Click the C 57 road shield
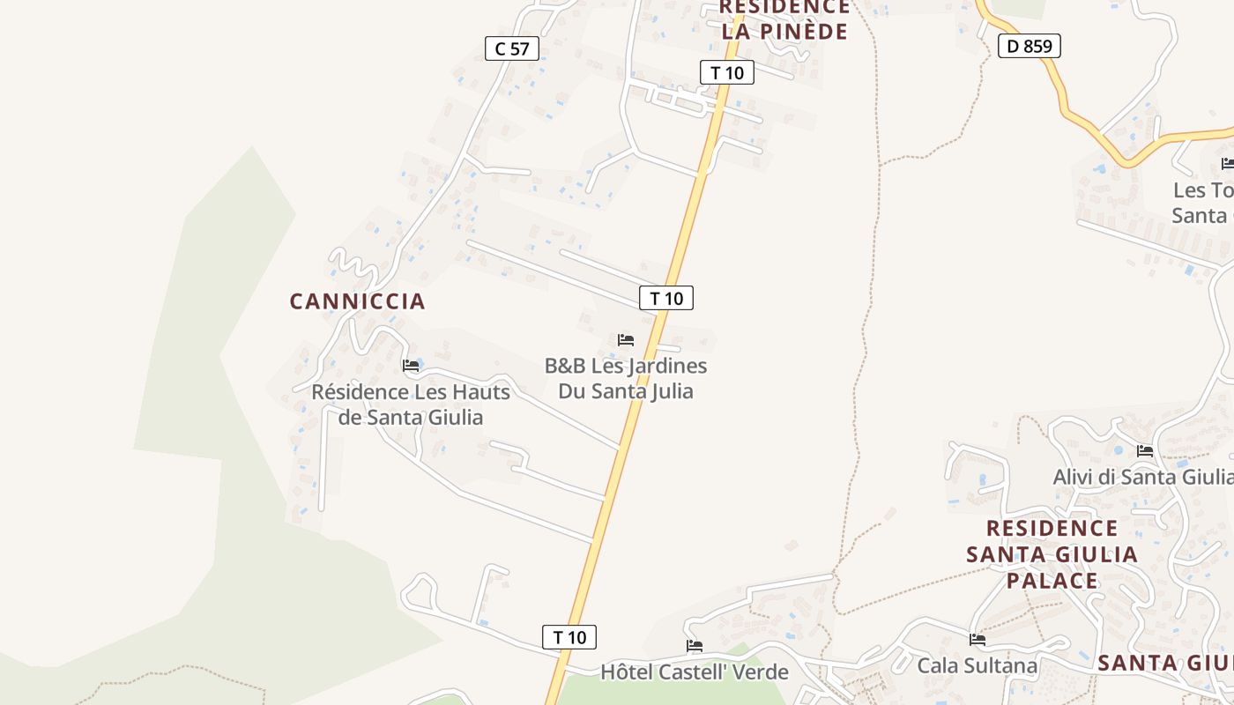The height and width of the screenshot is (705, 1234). click(511, 48)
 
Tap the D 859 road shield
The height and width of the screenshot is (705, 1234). click(1029, 46)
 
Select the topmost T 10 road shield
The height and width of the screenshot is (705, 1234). click(727, 72)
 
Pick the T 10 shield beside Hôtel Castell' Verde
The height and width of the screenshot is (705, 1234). click(569, 637)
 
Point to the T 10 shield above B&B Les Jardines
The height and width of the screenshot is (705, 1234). click(666, 298)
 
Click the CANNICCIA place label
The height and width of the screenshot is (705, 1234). click(357, 301)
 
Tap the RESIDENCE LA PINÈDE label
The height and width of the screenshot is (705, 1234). click(784, 19)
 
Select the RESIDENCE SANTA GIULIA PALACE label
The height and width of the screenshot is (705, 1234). click(1052, 554)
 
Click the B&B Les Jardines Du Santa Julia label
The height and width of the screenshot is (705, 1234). click(626, 378)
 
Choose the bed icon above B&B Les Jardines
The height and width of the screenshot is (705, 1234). click(626, 340)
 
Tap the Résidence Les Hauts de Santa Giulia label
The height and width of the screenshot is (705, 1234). click(411, 404)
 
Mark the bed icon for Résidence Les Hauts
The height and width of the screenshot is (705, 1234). click(411, 366)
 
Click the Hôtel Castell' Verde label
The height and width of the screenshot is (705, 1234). click(695, 672)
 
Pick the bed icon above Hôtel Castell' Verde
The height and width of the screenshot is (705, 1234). click(695, 646)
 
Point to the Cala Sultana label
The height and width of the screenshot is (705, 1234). click(977, 665)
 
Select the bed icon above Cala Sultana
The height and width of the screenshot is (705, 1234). click(977, 640)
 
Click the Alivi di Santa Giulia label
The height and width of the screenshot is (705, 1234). click(1143, 477)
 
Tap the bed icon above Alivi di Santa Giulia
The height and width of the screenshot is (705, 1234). click(1145, 451)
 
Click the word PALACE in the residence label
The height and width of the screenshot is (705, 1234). click(1052, 581)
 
